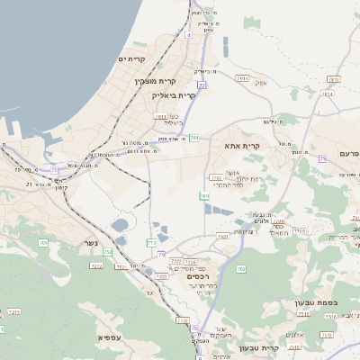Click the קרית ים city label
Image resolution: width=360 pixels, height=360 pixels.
(130, 58)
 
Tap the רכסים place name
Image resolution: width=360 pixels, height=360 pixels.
(198, 277)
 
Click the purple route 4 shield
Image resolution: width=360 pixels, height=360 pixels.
(189, 35)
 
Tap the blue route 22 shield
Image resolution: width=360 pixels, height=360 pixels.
(202, 85)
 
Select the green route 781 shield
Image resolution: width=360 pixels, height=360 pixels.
(194, 137)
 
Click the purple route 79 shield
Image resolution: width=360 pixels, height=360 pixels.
(322, 159)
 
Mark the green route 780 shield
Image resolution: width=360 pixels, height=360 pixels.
(205, 195)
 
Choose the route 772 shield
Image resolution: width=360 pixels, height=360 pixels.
(151, 243)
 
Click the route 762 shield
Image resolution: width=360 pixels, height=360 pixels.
(240, 269)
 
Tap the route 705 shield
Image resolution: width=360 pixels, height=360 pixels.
(42, 243)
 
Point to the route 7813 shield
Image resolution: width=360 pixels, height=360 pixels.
(241, 79)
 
